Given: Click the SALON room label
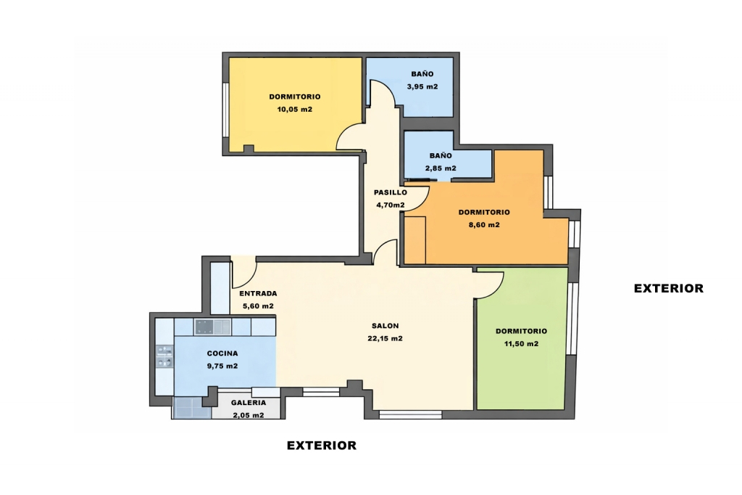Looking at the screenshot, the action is pyautogui.click(x=385, y=326).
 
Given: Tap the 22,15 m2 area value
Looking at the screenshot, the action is pyautogui.click(x=385, y=338).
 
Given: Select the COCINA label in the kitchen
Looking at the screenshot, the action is pyautogui.click(x=222, y=353).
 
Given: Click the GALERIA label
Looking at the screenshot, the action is pyautogui.click(x=249, y=403).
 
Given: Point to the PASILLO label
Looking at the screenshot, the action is pyautogui.click(x=391, y=192).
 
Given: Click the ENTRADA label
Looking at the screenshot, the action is pyautogui.click(x=258, y=293).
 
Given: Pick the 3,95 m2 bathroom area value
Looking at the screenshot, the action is pyautogui.click(x=422, y=87).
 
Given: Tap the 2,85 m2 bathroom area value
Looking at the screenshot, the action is pyautogui.click(x=441, y=168).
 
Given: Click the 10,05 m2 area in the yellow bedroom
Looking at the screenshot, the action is pyautogui.click(x=295, y=110).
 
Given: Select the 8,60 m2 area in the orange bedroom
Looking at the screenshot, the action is pyautogui.click(x=484, y=225).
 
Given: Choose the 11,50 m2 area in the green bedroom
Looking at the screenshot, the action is pyautogui.click(x=522, y=344).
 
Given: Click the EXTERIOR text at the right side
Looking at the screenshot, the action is pyautogui.click(x=669, y=288).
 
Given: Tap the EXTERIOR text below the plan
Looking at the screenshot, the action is pyautogui.click(x=322, y=445).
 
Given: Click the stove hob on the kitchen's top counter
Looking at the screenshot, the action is pyautogui.click(x=204, y=327).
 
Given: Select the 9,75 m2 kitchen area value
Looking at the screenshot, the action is pyautogui.click(x=222, y=366).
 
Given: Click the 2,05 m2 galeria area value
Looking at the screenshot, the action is pyautogui.click(x=249, y=415).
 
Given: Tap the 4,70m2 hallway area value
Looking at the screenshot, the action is pyautogui.click(x=391, y=205).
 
